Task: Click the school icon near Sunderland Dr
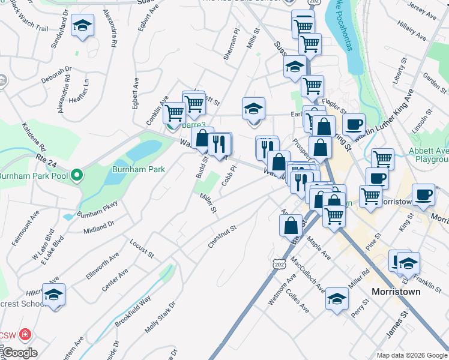(x=82, y=26)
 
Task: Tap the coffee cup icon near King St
(x=424, y=196)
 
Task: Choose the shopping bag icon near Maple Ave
(x=291, y=226)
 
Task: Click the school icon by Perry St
(x=337, y=299)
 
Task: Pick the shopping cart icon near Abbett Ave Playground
(x=382, y=159)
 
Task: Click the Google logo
(x=19, y=353)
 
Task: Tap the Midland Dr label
(x=99, y=227)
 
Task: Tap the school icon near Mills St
(x=254, y=109)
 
